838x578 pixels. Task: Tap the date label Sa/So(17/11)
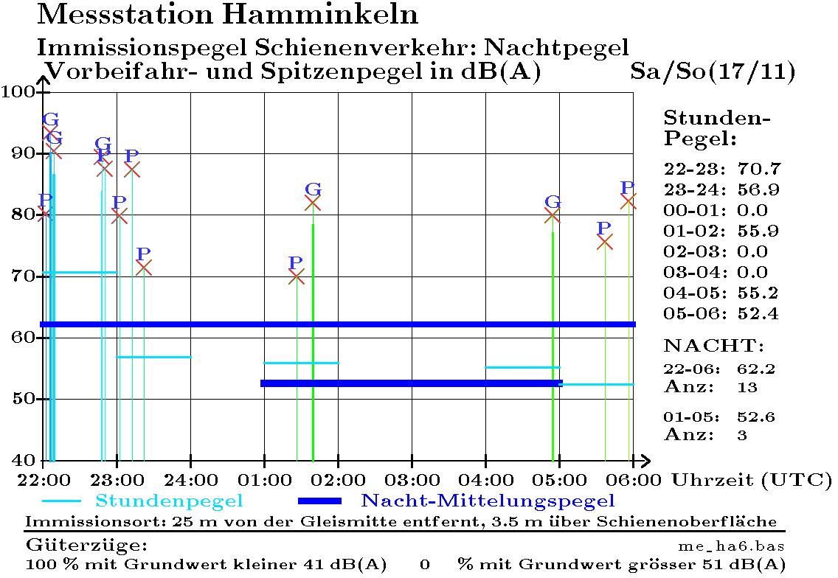click(713, 72)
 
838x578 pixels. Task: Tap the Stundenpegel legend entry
click(169, 501)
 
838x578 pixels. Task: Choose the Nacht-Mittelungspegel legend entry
click(488, 501)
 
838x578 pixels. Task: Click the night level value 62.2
click(756, 369)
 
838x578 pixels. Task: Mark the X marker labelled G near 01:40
click(313, 203)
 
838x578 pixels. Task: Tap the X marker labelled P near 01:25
click(296, 277)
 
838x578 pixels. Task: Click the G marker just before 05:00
click(552, 215)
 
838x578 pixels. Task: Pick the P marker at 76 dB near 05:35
click(604, 242)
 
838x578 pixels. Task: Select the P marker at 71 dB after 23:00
click(144, 268)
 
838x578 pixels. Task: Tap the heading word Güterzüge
click(87, 546)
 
